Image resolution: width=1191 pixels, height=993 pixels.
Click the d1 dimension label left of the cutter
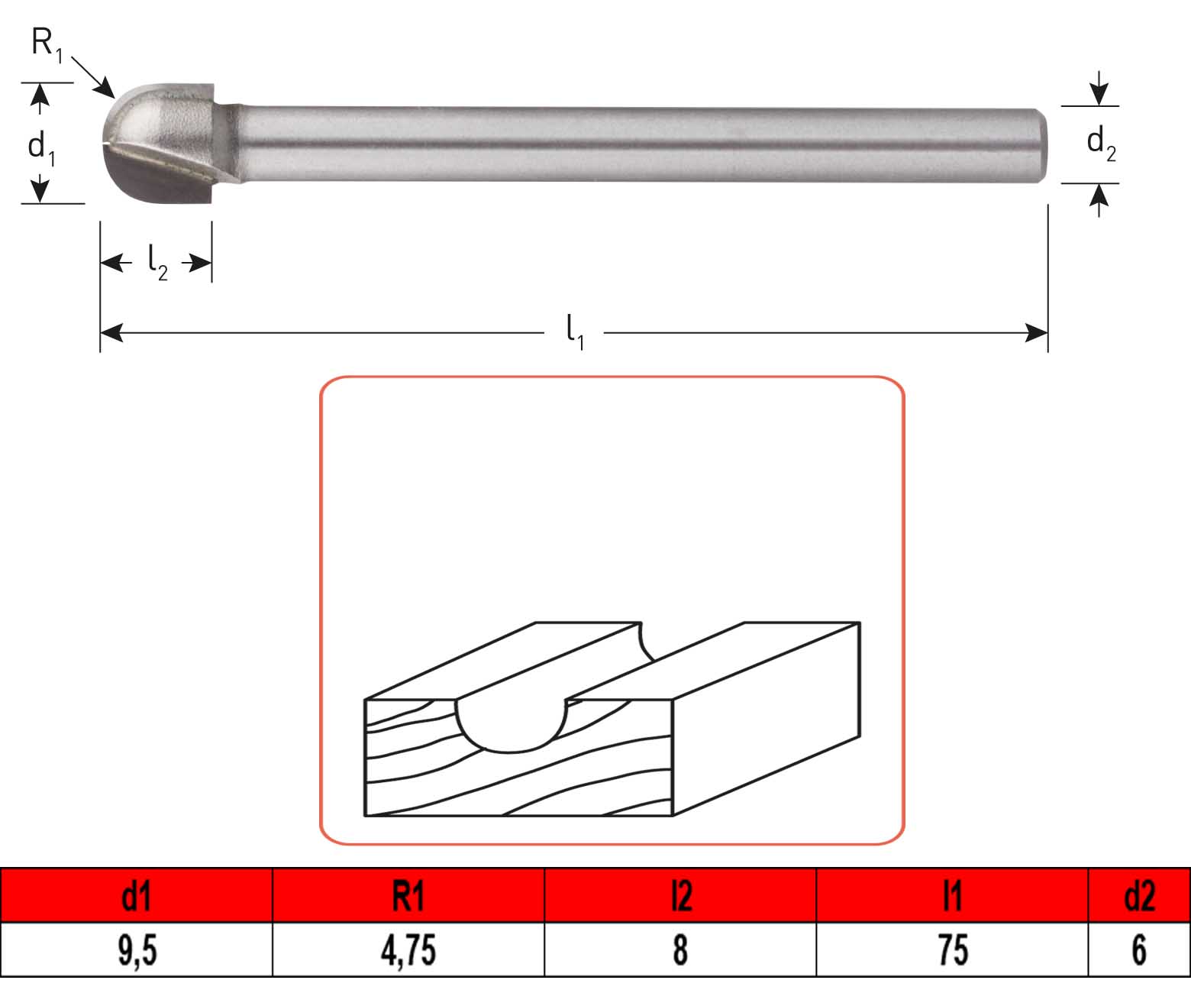pos(41,147)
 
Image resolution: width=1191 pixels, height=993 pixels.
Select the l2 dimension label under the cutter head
pos(157,264)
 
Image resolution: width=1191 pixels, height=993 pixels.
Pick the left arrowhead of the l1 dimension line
pos(111,332)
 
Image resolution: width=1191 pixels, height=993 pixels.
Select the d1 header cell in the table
pos(137,895)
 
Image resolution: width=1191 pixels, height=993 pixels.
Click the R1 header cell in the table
pos(408,895)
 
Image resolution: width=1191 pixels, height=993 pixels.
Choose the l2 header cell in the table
pos(680,895)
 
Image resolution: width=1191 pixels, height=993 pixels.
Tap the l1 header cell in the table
pos(952,895)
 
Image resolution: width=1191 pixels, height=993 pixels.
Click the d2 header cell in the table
pos(1139,895)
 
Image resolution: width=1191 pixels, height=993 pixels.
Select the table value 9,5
pos(137,950)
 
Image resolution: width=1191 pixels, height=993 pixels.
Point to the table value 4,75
pos(408,950)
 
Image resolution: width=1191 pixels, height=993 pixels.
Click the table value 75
pos(952,950)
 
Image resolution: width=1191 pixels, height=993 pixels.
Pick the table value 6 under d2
pos(1139,950)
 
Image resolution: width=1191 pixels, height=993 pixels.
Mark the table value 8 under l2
pos(680,950)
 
